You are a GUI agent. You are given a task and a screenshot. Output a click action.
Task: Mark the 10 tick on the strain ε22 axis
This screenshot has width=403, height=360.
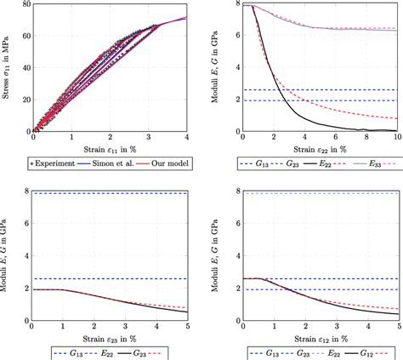point(394,139)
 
